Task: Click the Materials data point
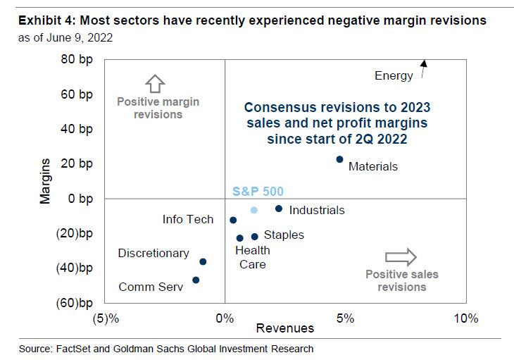(339, 160)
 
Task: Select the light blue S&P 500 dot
(254, 210)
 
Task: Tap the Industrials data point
(279, 209)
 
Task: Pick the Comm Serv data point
(196, 280)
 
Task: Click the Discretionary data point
(203, 261)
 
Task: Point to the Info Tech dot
(233, 221)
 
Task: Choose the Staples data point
(255, 236)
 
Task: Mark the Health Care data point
(239, 238)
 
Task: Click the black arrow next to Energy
(424, 68)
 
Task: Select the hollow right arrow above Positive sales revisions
(401, 256)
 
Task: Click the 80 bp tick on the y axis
(77, 60)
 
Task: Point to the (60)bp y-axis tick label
(75, 303)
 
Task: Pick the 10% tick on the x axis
(465, 318)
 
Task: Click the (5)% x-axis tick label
(105, 318)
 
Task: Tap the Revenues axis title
(285, 328)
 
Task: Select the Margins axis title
(46, 181)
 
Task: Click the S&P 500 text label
(258, 192)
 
